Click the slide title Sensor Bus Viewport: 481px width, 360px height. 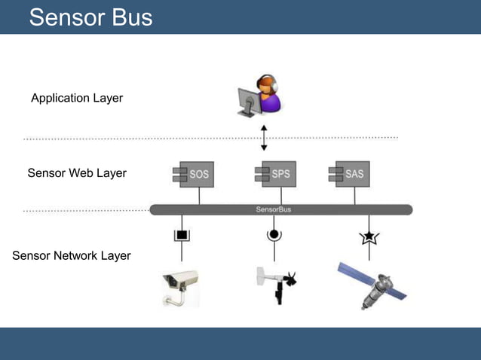pos(90,17)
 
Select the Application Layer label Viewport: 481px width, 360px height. pos(77,98)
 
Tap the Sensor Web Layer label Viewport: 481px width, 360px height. pos(77,173)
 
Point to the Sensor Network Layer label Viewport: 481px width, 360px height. pos(72,255)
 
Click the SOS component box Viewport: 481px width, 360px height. pos(191,174)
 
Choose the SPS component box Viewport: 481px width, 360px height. pos(273,174)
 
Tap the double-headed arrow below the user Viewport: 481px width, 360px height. pos(264,138)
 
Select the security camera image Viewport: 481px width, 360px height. pos(180,288)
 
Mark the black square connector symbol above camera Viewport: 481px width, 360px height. pos(182,235)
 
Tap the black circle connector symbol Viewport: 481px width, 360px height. pos(274,235)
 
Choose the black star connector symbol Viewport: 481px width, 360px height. pos(369,237)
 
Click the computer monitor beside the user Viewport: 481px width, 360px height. pos(247,101)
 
